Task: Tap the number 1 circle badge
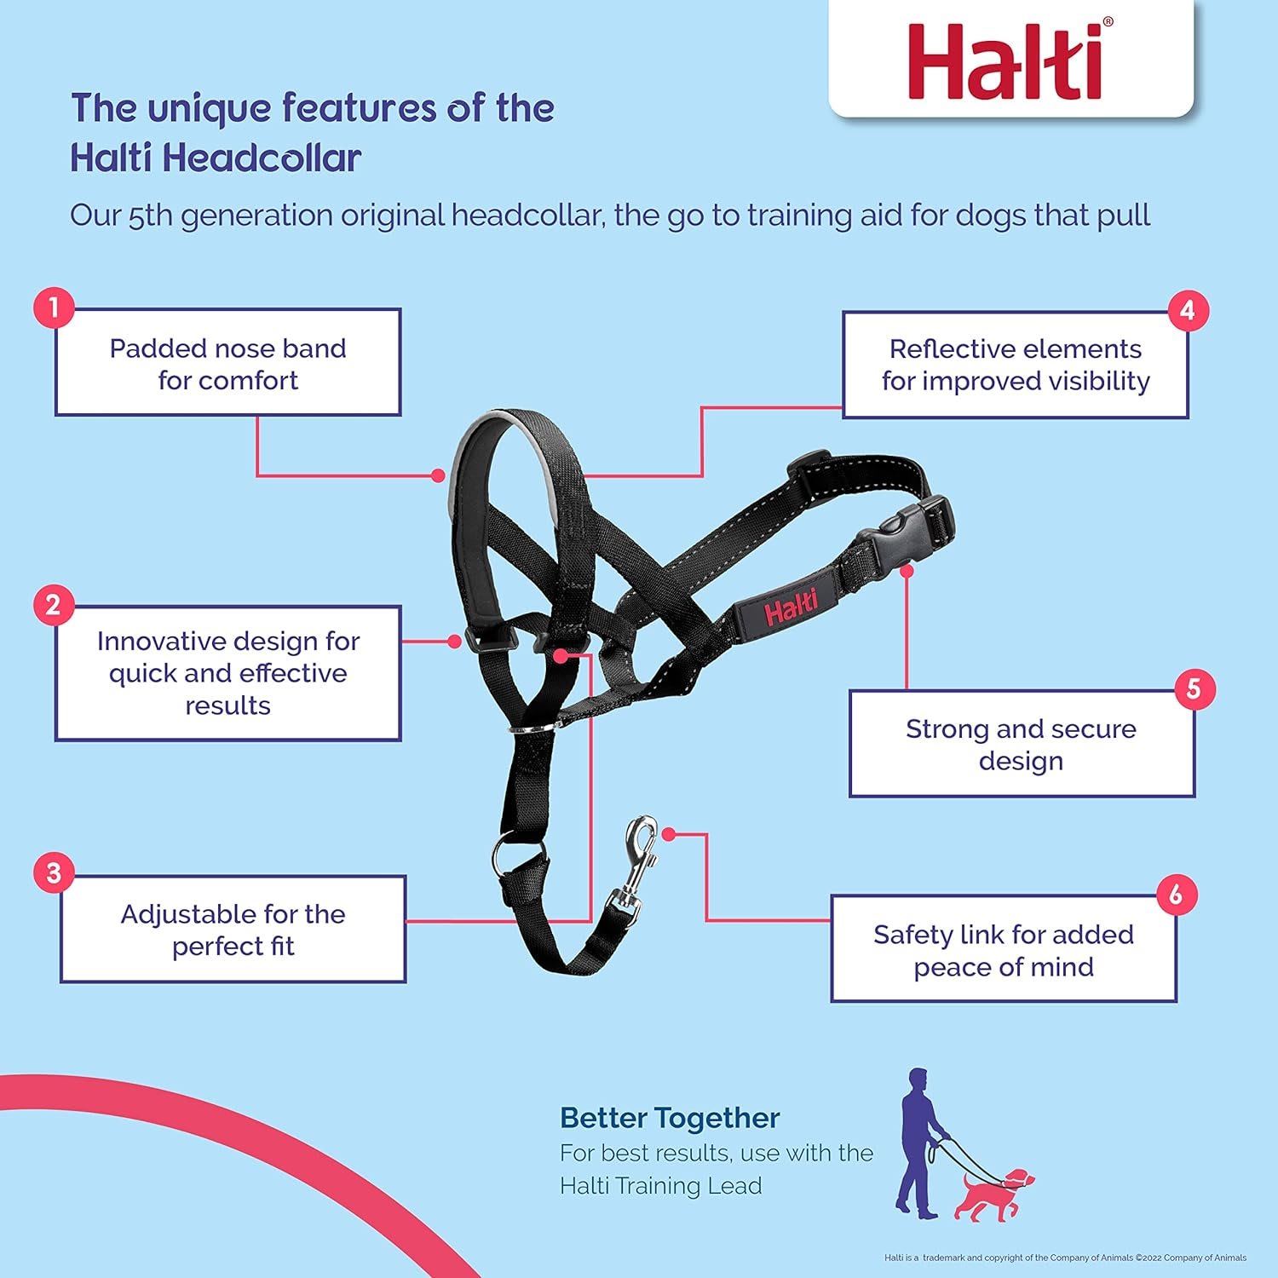(54, 308)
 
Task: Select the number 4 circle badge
(1188, 310)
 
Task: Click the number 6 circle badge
(1177, 895)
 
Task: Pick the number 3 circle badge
(54, 873)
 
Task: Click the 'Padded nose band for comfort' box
(227, 363)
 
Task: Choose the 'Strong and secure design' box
(1022, 744)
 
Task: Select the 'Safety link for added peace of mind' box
(1004, 949)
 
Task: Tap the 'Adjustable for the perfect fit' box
(233, 930)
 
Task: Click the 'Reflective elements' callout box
(1016, 365)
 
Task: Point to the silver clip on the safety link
(636, 861)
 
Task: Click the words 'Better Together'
(670, 1118)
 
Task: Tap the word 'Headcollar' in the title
(262, 158)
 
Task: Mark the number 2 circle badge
(53, 605)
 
